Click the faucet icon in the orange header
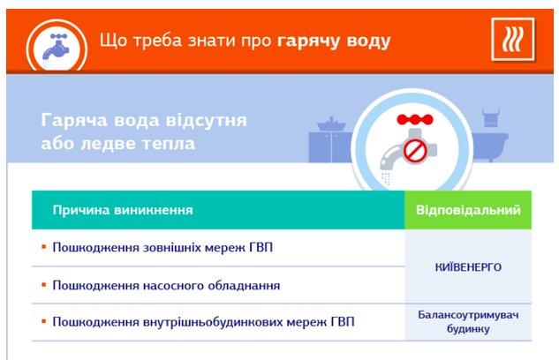pos(56,49)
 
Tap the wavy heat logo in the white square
pos(512,39)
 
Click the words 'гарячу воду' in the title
pos(334,41)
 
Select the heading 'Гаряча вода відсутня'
pos(144,120)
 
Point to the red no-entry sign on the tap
pos(415,151)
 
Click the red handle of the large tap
pos(415,119)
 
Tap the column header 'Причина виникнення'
pos(123,210)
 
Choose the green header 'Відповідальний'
pos(468,210)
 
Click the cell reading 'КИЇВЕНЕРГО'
pos(468,267)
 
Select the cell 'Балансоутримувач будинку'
pos(468,322)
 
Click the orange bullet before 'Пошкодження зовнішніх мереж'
pos(44,247)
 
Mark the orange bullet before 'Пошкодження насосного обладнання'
pos(44,285)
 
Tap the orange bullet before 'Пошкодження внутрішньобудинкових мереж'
pos(44,321)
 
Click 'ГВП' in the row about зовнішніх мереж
pos(259,247)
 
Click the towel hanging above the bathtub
pos(491,118)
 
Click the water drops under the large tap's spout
pos(385,178)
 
